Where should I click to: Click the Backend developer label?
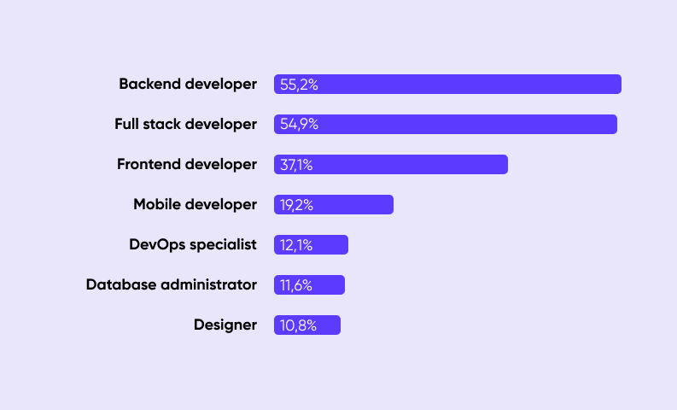pyautogui.click(x=188, y=85)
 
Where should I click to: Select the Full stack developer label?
pyautogui.click(x=185, y=125)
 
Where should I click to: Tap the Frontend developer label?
pyautogui.click(x=187, y=165)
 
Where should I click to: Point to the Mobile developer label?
pyautogui.click(x=196, y=205)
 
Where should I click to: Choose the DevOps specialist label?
pyautogui.click(x=193, y=245)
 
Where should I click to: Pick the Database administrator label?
pyautogui.click(x=172, y=284)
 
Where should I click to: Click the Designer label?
pyautogui.click(x=225, y=325)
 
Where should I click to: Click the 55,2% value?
pyautogui.click(x=299, y=85)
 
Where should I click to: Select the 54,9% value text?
pyautogui.click(x=299, y=125)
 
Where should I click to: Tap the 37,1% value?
pyautogui.click(x=296, y=165)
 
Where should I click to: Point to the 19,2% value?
pyautogui.click(x=296, y=205)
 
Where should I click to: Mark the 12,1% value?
pyautogui.click(x=296, y=245)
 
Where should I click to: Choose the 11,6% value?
pyautogui.click(x=296, y=285)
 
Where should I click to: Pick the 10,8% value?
pyautogui.click(x=298, y=325)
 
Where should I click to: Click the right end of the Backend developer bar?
pyautogui.click(x=621, y=85)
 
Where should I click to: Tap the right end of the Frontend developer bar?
pyautogui.click(x=507, y=165)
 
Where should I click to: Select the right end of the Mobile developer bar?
pyautogui.click(x=393, y=205)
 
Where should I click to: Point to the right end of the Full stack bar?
pyautogui.click(x=616, y=125)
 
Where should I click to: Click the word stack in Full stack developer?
pyautogui.click(x=162, y=125)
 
